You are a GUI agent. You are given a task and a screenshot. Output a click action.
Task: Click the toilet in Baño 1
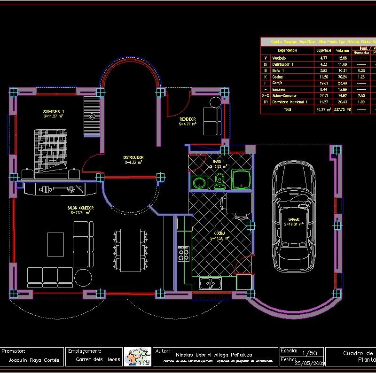pyautogui.click(x=219, y=180)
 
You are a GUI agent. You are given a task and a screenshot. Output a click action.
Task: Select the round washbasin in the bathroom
pyautogui.click(x=200, y=182)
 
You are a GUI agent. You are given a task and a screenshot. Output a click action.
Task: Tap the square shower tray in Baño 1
pyautogui.click(x=242, y=180)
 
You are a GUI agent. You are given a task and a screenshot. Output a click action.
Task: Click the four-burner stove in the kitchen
pyautogui.click(x=183, y=254)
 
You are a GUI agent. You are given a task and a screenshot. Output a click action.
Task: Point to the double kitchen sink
pyautogui.click(x=211, y=283)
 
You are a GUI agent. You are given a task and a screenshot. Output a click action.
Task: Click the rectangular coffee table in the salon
pyautogui.click(x=55, y=244)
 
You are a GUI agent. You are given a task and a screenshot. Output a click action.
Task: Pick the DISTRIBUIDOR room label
pyautogui.click(x=133, y=157)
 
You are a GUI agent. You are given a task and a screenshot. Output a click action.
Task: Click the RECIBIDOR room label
pyautogui.click(x=188, y=119)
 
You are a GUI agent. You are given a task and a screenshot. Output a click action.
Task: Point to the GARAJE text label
pyautogui.click(x=294, y=219)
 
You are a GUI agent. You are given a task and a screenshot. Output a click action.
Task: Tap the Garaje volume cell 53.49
pyautogui.click(x=343, y=83)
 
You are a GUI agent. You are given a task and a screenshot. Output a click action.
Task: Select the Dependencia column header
pyautogui.click(x=287, y=50)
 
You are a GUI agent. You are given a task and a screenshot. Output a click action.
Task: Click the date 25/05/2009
pyautogui.click(x=310, y=363)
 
